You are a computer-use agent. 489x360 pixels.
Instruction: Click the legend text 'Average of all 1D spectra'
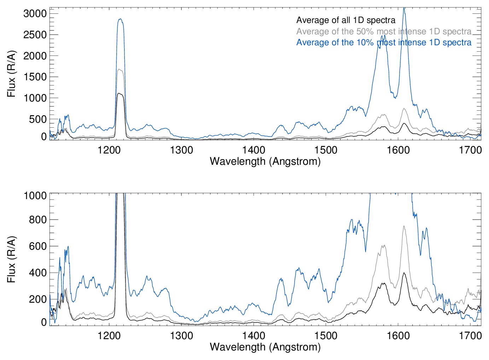point(345,20)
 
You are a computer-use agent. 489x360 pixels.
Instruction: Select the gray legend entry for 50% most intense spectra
point(384,31)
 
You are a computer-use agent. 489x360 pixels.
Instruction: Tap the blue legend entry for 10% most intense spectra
point(384,42)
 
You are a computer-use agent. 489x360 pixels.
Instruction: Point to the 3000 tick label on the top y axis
point(35,14)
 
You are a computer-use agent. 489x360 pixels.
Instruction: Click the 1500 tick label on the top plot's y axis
point(35,77)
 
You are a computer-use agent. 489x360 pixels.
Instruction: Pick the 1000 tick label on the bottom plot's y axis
point(35,196)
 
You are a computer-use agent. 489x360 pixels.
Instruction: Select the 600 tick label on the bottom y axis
point(38,246)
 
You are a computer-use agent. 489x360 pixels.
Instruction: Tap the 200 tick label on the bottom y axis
point(38,299)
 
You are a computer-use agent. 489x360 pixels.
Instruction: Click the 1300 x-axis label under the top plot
point(181,150)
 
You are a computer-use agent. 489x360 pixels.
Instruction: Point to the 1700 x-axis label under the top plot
point(470,150)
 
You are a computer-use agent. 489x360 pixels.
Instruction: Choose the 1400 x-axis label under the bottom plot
point(254,335)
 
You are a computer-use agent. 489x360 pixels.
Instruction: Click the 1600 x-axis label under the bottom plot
point(398,335)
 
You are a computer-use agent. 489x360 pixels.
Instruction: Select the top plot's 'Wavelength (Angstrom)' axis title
point(265,162)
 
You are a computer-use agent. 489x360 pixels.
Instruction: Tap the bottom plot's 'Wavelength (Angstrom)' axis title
point(265,347)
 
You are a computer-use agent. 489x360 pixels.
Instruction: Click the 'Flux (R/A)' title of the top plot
point(11,74)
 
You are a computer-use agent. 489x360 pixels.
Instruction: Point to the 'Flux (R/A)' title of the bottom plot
point(11,259)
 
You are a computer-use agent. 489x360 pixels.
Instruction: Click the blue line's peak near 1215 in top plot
point(120,19)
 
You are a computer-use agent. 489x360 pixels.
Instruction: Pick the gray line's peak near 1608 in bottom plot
point(404,226)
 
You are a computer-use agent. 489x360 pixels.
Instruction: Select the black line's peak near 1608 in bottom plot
point(404,273)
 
